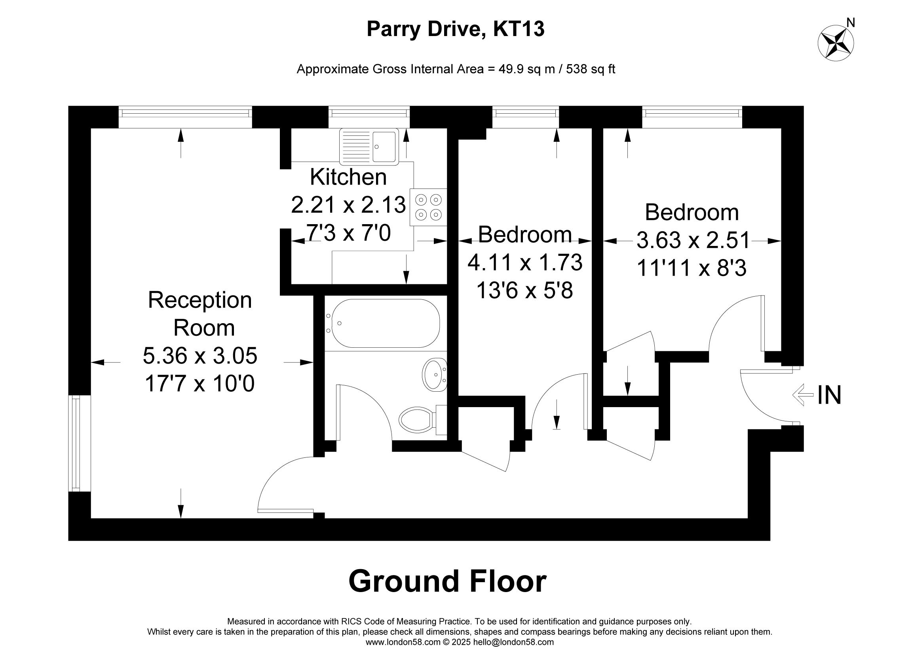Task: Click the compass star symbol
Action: [x=836, y=43]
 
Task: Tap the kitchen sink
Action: [x=369, y=147]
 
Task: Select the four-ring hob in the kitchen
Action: [x=428, y=207]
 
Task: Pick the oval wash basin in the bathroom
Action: [x=434, y=375]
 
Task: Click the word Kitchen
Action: [x=348, y=177]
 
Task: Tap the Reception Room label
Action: [x=201, y=314]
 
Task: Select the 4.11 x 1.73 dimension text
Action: [x=525, y=262]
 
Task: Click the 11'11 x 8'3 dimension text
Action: [x=692, y=268]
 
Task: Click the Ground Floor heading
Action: [x=447, y=581]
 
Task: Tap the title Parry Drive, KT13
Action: [x=456, y=29]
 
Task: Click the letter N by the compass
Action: [x=851, y=23]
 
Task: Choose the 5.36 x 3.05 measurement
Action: [x=200, y=356]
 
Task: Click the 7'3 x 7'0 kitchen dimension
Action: [x=348, y=233]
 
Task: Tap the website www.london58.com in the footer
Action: [x=403, y=642]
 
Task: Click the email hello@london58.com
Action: [x=513, y=642]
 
